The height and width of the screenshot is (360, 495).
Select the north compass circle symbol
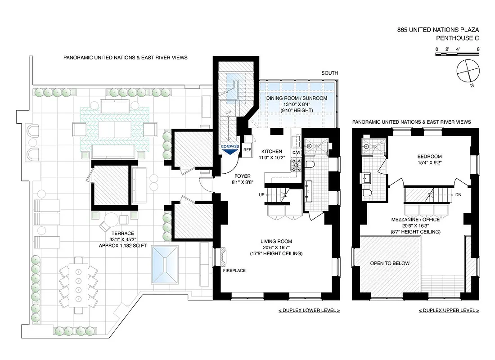click(468, 71)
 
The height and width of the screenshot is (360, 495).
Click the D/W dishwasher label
click(296, 153)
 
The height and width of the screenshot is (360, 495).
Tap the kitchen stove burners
click(296, 166)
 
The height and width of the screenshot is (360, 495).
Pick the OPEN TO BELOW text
click(390, 263)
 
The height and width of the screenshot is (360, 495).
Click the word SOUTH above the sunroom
click(329, 73)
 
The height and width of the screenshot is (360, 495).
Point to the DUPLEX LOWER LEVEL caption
click(309, 310)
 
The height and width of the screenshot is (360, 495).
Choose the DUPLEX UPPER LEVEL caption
click(449, 310)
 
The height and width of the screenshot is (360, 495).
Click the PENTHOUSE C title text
click(458, 39)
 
